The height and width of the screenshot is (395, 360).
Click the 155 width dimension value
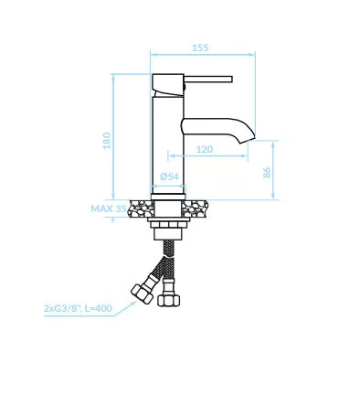click(x=200, y=48)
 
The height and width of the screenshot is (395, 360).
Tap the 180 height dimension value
click(x=107, y=141)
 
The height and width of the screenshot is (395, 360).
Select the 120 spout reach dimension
click(x=205, y=149)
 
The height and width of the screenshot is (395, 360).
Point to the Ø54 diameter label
click(x=169, y=176)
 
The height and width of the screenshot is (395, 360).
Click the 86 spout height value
click(x=267, y=173)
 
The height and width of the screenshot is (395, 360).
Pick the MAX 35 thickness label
click(x=109, y=208)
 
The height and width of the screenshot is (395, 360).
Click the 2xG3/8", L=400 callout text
click(x=78, y=308)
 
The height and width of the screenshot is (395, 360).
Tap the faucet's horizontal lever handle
click(x=208, y=79)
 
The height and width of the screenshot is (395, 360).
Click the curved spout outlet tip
click(x=247, y=140)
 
